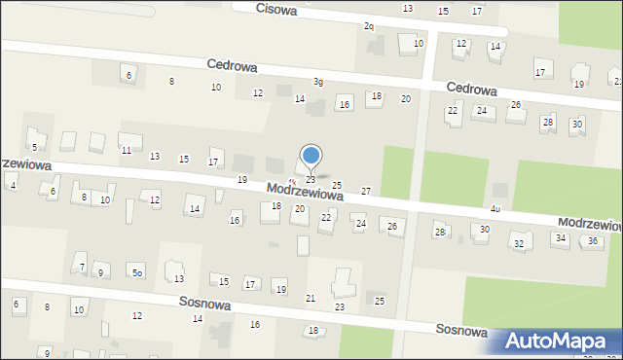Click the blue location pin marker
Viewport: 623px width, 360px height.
coord(311,156)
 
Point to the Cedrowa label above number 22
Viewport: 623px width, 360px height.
coord(472,89)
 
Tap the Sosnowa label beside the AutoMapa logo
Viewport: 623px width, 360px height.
coord(461,331)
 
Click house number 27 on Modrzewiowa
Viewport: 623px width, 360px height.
coord(366,192)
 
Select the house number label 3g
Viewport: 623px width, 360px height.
coord(317,82)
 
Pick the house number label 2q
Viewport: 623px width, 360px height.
coord(369,26)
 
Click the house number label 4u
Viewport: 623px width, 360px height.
coord(495,209)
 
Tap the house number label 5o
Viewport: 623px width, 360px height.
coord(138,273)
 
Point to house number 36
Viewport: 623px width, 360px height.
coord(592,240)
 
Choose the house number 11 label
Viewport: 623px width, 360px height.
coord(127,150)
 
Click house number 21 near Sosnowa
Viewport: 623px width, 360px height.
coord(311,298)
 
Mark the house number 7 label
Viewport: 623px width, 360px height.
coord(82,267)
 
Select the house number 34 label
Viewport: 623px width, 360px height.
coord(561,237)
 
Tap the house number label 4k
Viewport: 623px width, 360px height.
coord(292,181)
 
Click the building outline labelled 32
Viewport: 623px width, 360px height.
coord(519,241)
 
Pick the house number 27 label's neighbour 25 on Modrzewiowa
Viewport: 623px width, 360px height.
coord(337,185)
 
